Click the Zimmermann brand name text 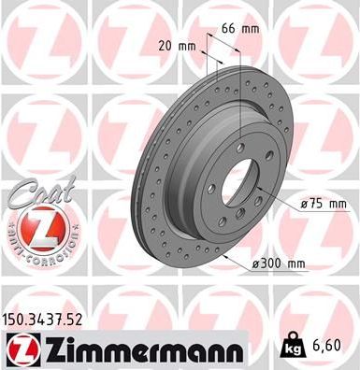pyautogui.click(x=138, y=350)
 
